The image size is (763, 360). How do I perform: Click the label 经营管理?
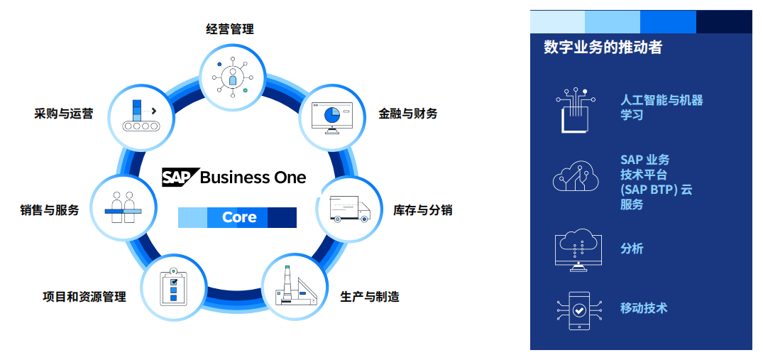click(230, 29)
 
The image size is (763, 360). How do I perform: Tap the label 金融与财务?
click(407, 113)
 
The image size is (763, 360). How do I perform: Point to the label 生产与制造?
click(369, 296)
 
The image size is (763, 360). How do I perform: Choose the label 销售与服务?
click(50, 210)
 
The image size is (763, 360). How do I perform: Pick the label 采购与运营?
click(63, 113)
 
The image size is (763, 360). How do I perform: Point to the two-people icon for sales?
click(123, 207)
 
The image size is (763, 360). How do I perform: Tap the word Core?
click(239, 217)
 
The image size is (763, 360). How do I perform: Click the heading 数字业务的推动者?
click(603, 48)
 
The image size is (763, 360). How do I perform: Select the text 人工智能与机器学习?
click(661, 107)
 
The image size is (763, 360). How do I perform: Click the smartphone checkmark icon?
click(579, 310)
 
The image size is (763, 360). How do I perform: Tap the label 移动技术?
click(643, 308)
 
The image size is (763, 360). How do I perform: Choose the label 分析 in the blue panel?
click(632, 249)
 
